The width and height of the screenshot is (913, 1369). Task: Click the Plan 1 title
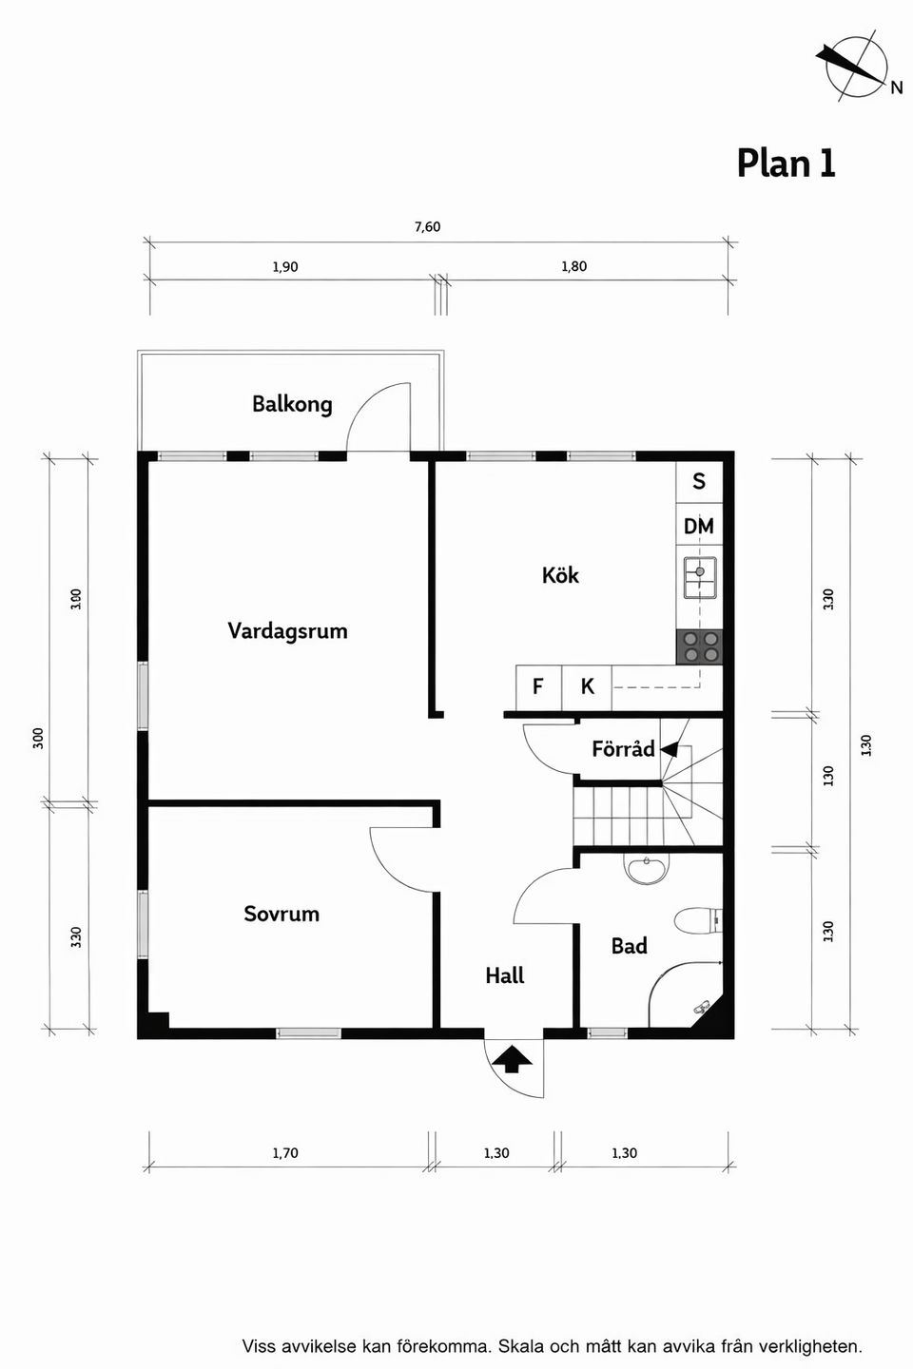point(786,164)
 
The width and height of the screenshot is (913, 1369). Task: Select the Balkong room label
point(292,404)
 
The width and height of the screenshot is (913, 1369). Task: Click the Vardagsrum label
point(287,631)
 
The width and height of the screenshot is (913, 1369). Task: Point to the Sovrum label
point(282,914)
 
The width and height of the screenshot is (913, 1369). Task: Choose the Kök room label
point(560,575)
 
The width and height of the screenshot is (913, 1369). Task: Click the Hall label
point(504,975)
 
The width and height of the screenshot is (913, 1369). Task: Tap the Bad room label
point(629,946)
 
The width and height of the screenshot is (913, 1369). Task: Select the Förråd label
point(623,749)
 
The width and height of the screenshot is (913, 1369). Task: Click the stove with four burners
point(699,646)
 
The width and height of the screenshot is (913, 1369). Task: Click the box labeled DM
point(699,526)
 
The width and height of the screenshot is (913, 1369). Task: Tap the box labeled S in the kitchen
point(699,482)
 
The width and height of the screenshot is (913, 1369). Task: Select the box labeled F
point(538,686)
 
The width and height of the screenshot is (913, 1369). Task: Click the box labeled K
point(587,686)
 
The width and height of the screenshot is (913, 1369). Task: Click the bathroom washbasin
point(647,869)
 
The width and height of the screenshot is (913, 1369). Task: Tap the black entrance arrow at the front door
point(513,1058)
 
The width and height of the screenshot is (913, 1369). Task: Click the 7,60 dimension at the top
point(427,227)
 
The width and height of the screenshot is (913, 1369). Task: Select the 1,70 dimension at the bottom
point(285,1153)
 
